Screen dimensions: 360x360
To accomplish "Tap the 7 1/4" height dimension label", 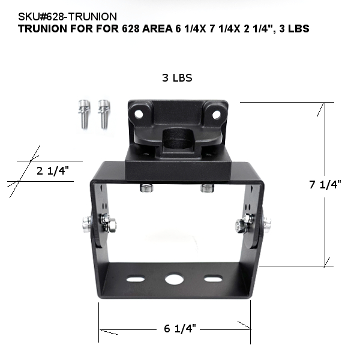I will point(325,185).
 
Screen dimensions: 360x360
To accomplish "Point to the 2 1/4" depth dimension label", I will point(53,170).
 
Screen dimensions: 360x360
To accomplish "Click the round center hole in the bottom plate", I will point(175,280).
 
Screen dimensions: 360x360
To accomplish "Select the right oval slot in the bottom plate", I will point(211,279).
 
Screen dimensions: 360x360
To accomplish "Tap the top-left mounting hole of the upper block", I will point(139,113).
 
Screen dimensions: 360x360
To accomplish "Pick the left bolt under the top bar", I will point(146,188).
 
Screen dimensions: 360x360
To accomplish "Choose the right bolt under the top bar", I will point(207,188).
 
